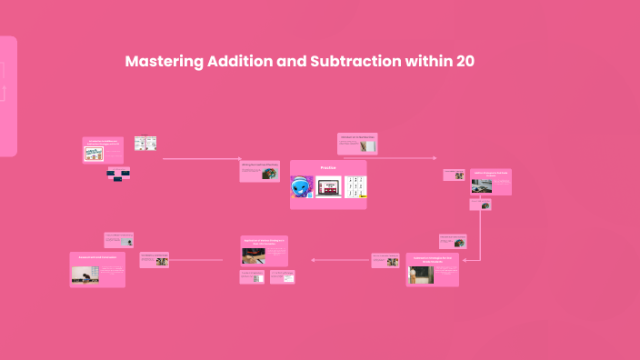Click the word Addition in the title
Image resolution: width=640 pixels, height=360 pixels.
coord(242,62)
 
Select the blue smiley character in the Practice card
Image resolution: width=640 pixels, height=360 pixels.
coord(302,187)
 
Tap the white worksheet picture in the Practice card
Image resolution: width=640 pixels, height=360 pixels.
coord(355,186)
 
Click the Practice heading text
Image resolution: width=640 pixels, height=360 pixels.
coord(327,168)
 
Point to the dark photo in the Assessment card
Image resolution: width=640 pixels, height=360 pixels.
coord(86,274)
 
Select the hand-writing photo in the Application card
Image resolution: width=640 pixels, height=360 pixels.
coord(253,255)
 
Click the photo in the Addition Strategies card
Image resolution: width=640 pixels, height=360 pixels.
coord(481,185)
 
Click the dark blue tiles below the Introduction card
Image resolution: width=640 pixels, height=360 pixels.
coord(118,174)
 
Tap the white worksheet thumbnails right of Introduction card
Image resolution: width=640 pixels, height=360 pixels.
coord(145,143)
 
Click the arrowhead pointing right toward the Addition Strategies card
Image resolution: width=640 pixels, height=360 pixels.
coord(434,158)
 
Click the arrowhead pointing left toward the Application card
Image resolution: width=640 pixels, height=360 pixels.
coord(313,260)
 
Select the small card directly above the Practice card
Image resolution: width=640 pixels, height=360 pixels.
coord(357,143)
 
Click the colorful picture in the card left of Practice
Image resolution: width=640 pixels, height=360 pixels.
coord(269,173)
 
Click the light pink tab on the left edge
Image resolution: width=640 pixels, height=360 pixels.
coord(7,95)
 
